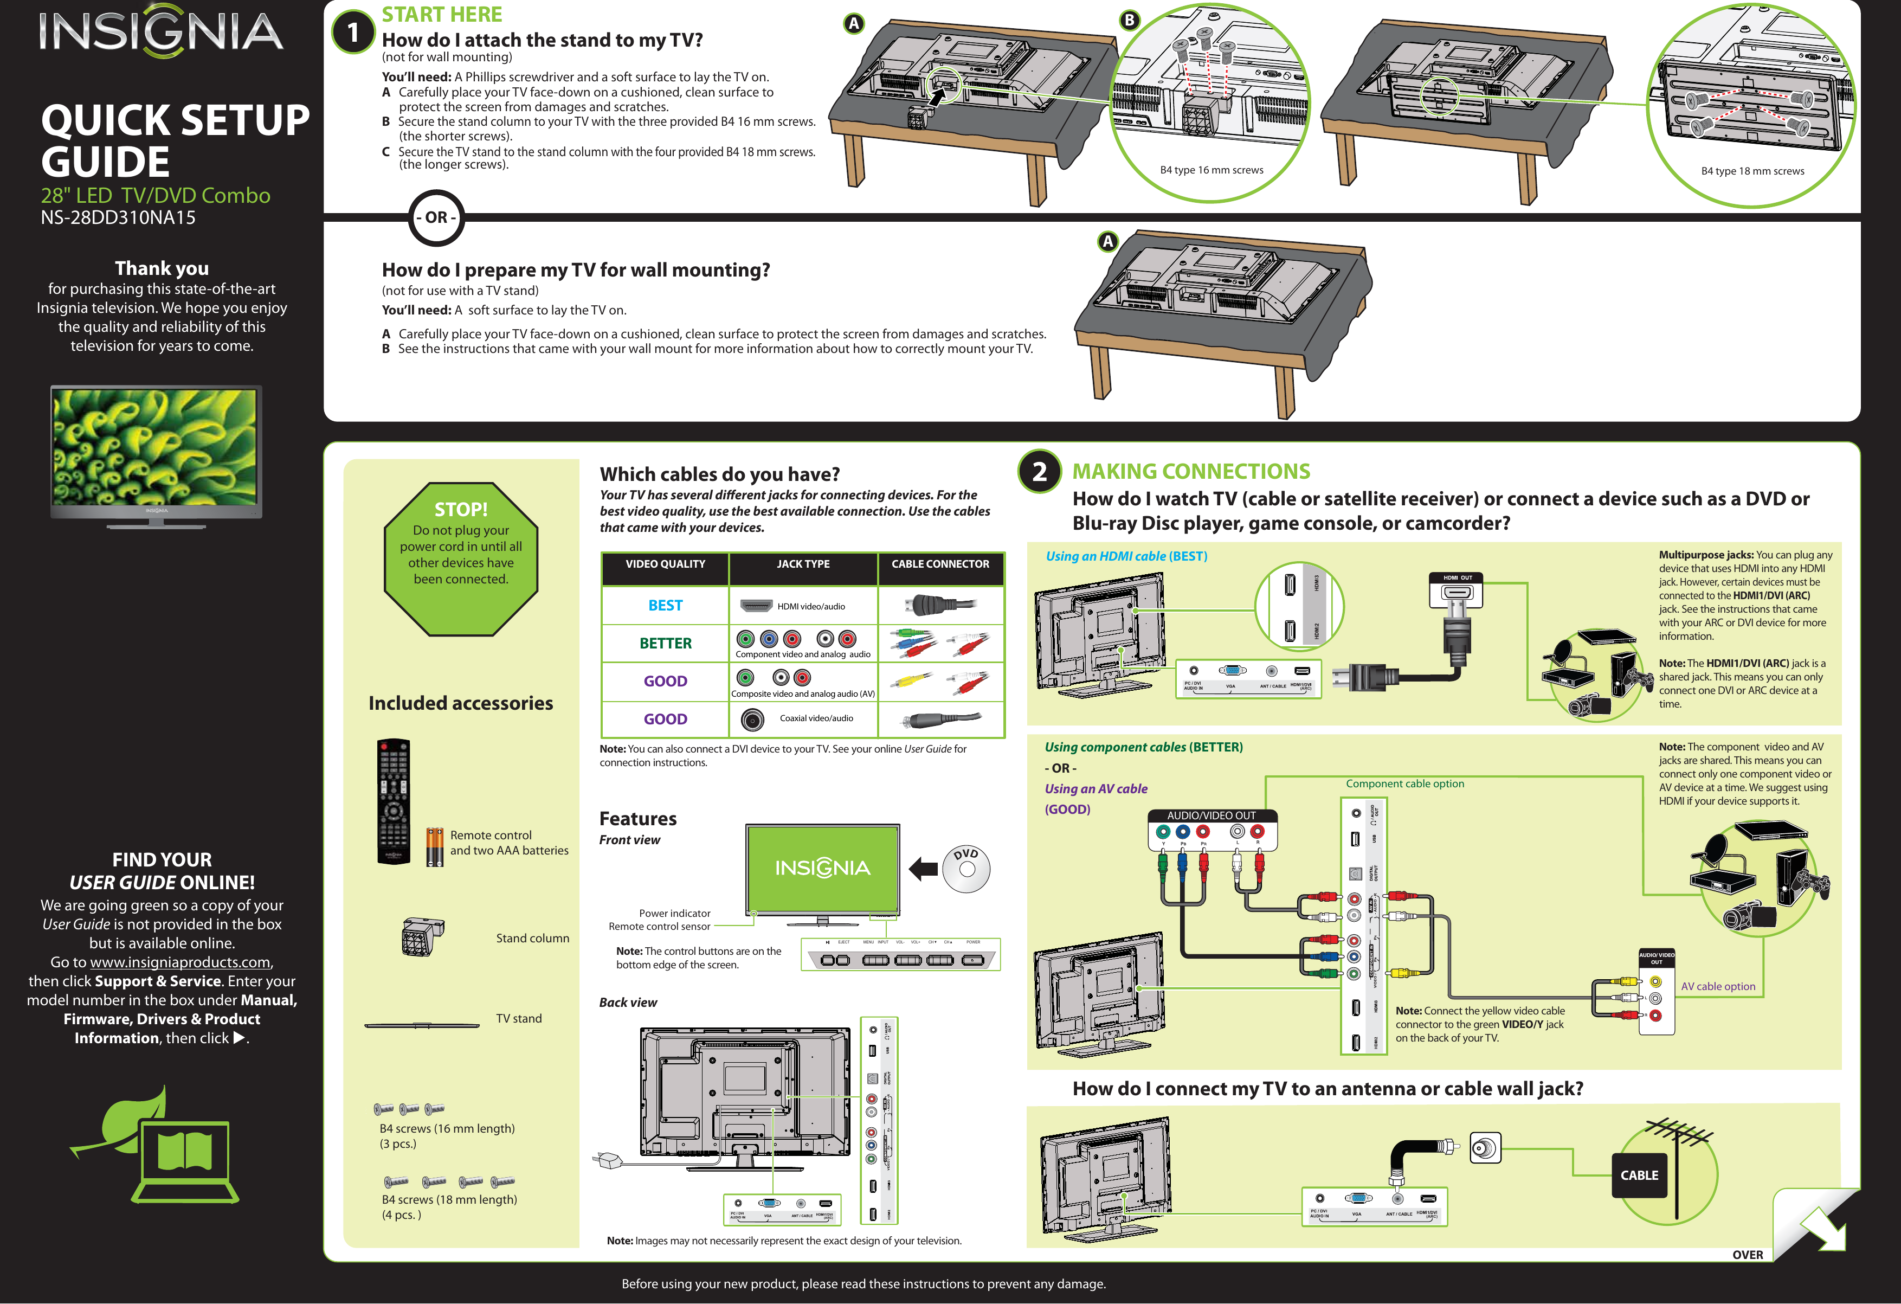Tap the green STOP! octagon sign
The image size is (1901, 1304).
[x=461, y=558]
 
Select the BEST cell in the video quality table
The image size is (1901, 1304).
[x=665, y=605]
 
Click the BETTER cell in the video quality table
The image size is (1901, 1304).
[x=665, y=643]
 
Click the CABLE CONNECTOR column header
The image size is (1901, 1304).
[x=940, y=564]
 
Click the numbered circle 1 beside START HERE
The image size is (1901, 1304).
[x=353, y=33]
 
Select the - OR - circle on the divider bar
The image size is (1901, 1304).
[x=436, y=217]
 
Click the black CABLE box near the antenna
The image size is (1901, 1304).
[x=1639, y=1175]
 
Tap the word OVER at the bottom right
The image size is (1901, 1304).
[x=1747, y=1254]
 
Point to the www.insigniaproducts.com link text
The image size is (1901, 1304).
[x=180, y=962]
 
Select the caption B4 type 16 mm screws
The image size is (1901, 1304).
[x=1212, y=170]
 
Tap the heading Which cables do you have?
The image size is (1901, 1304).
[x=720, y=474]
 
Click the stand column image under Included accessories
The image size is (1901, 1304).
[x=422, y=937]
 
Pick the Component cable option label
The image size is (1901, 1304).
[x=1404, y=783]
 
